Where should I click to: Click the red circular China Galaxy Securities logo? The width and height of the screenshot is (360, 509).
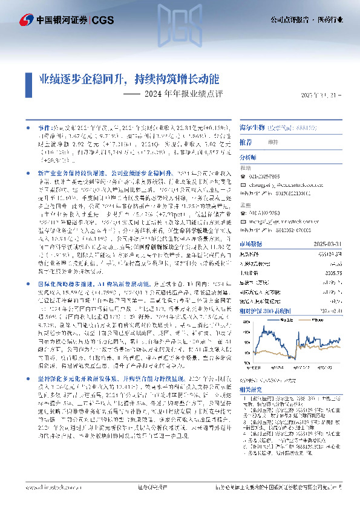tap(26, 20)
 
